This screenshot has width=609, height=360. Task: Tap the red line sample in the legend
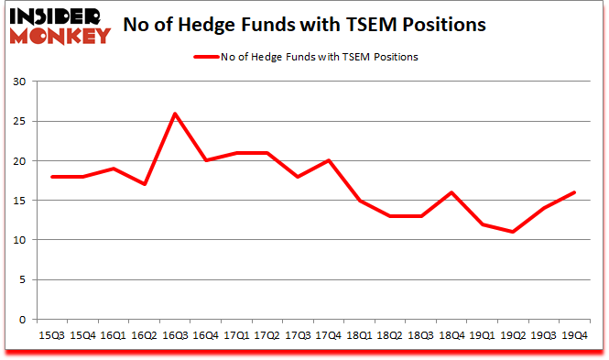tap(206, 58)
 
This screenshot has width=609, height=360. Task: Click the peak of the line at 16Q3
tap(174, 114)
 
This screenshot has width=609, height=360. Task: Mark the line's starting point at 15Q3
tap(52, 177)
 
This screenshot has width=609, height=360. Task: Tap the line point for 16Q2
tap(144, 184)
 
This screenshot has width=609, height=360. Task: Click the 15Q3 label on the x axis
tap(52, 336)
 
